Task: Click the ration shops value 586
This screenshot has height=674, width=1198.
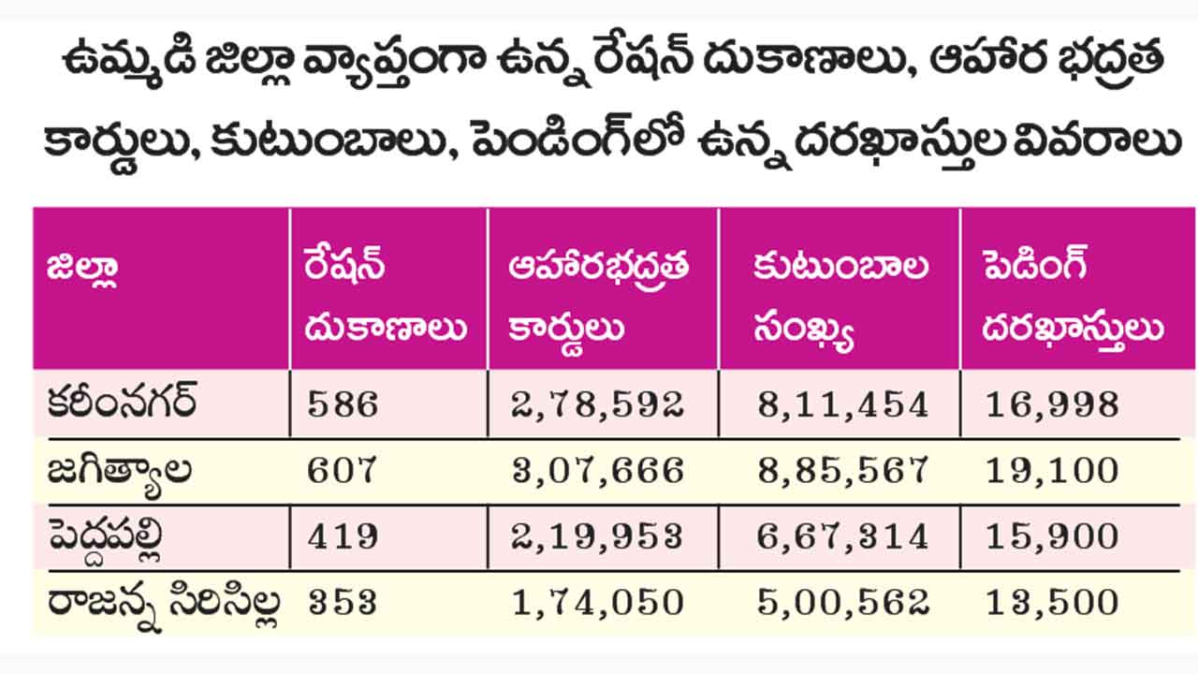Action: click(343, 405)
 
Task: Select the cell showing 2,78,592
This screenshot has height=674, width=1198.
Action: click(598, 405)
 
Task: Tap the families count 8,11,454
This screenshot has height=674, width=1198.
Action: click(841, 405)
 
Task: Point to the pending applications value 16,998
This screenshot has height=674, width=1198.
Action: click(1052, 405)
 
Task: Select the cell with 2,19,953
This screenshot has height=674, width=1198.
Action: click(598, 536)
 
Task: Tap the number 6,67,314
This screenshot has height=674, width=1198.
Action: click(841, 536)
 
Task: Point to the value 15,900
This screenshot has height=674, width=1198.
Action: click(1052, 536)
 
